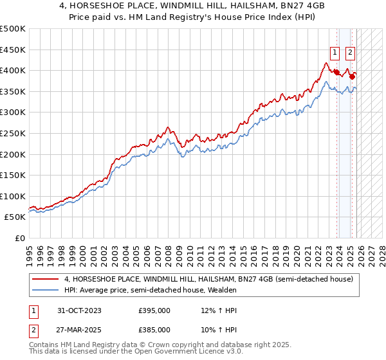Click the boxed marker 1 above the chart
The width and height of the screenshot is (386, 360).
335,53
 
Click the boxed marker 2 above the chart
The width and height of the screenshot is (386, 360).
351,53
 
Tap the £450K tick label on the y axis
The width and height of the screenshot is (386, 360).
13,50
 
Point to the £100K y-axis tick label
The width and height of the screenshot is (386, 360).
13,197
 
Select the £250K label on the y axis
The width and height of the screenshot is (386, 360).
13,134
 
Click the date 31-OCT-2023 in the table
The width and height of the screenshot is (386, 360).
80,310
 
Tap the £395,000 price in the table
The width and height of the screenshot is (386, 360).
154,310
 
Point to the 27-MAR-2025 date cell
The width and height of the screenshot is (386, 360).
80,329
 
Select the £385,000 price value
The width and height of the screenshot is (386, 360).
154,329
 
